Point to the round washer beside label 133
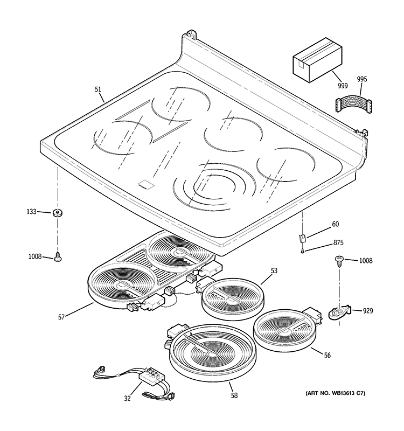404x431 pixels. pyautogui.click(x=57, y=213)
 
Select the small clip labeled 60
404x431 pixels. pyautogui.click(x=303, y=235)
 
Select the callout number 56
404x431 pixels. pyautogui.click(x=328, y=355)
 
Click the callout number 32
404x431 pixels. pyautogui.click(x=127, y=399)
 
